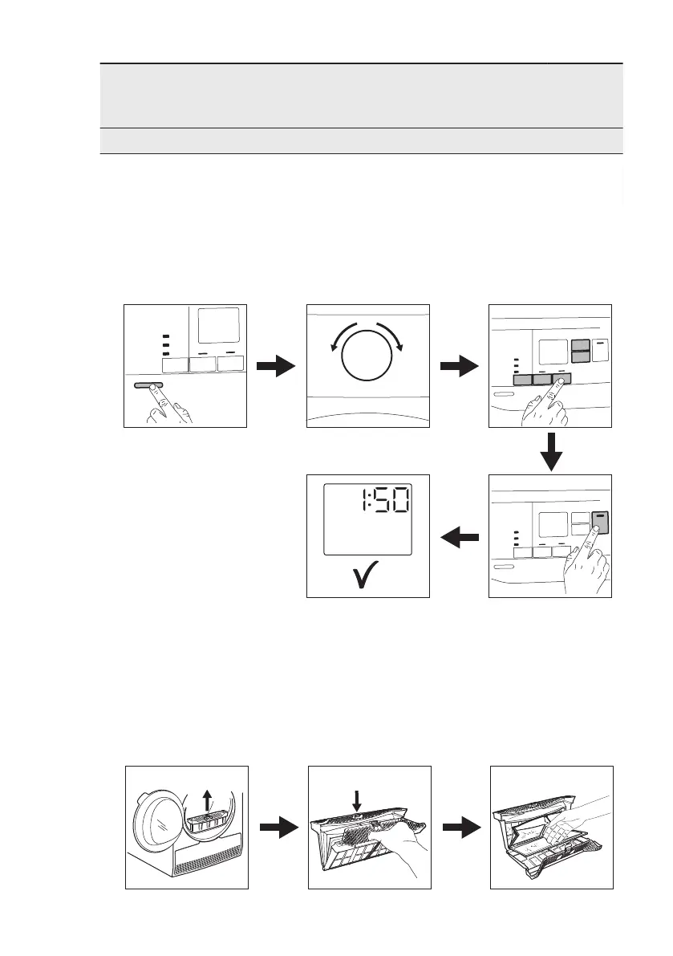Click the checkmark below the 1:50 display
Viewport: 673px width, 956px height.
[x=368, y=576]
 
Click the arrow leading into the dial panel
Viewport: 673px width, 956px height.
[x=276, y=367]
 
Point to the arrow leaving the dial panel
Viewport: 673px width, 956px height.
[x=460, y=367]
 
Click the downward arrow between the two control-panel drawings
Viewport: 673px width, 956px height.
[x=550, y=451]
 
